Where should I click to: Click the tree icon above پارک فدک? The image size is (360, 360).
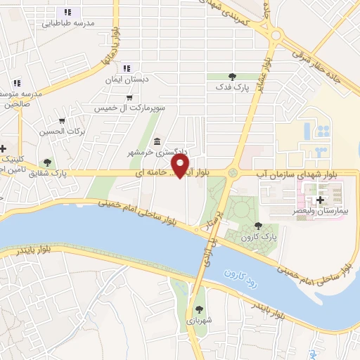[232, 77]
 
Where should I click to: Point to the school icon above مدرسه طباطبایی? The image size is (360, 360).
[67, 12]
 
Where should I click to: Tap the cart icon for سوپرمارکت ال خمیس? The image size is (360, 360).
[129, 98]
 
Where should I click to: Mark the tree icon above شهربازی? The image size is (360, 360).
[200, 307]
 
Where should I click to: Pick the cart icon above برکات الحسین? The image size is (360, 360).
[62, 120]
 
